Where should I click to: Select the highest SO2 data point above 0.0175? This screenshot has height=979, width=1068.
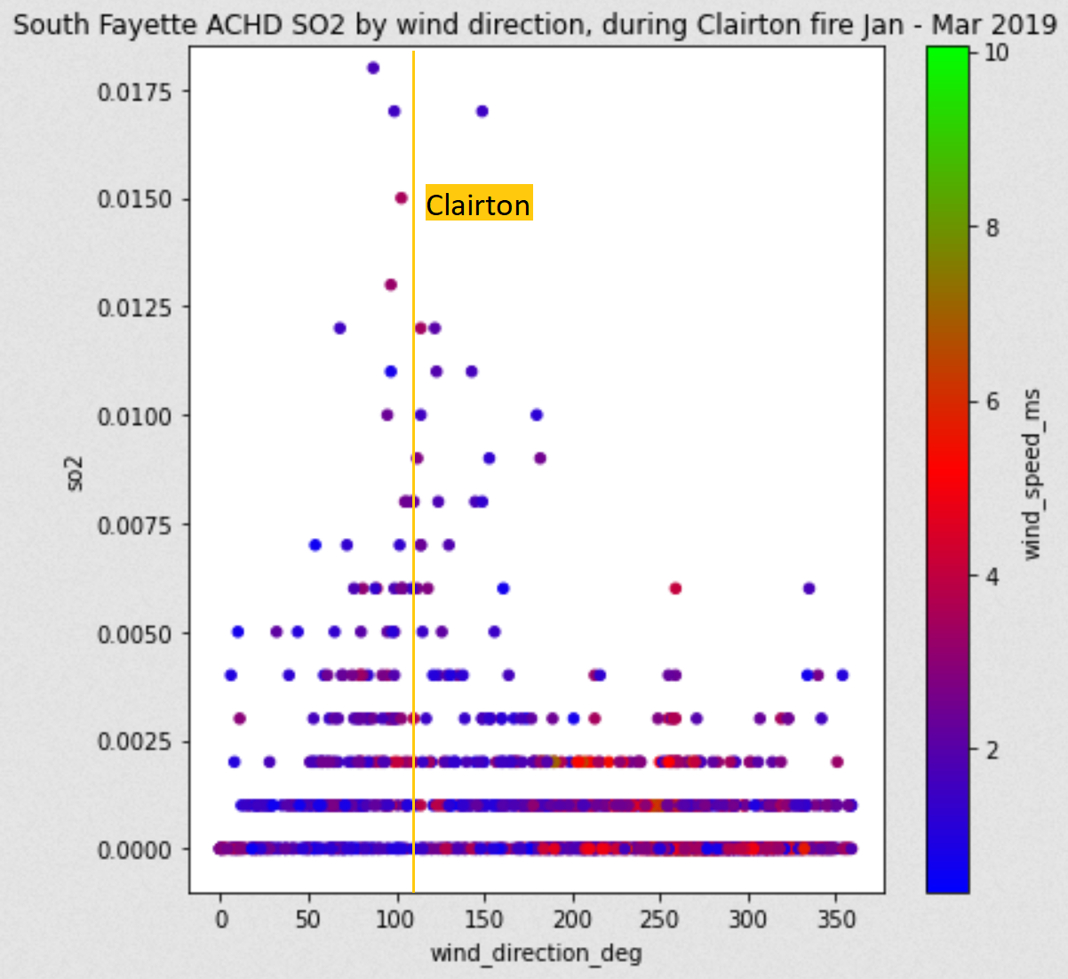tap(373, 68)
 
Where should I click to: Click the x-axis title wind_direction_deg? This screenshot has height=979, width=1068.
tap(536, 953)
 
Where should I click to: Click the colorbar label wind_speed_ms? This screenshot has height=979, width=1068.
tap(1031, 473)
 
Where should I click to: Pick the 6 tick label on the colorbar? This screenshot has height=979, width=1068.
tap(992, 402)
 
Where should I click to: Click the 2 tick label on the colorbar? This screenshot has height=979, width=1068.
tap(992, 750)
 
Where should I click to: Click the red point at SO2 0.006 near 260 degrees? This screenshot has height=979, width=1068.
tap(675, 589)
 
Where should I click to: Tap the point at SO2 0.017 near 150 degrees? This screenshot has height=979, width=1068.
tap(482, 111)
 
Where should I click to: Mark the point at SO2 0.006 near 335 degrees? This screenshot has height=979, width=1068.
tap(809, 589)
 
